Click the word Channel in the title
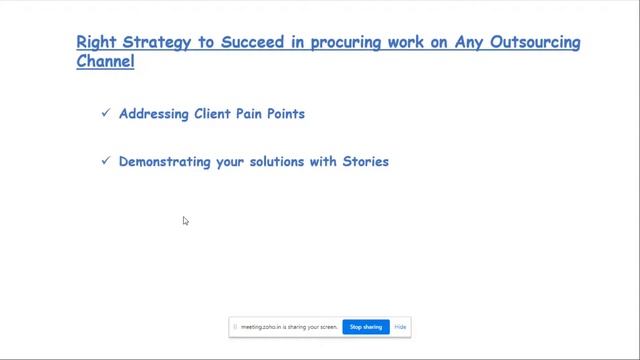(105, 61)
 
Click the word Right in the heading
(97, 43)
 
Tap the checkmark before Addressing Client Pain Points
(105, 113)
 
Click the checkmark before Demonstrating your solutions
(105, 161)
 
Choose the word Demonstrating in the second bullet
(165, 162)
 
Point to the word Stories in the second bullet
(365, 162)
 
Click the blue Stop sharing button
(366, 327)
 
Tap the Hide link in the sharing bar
(400, 327)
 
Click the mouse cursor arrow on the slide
(186, 221)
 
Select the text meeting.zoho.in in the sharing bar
(258, 327)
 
